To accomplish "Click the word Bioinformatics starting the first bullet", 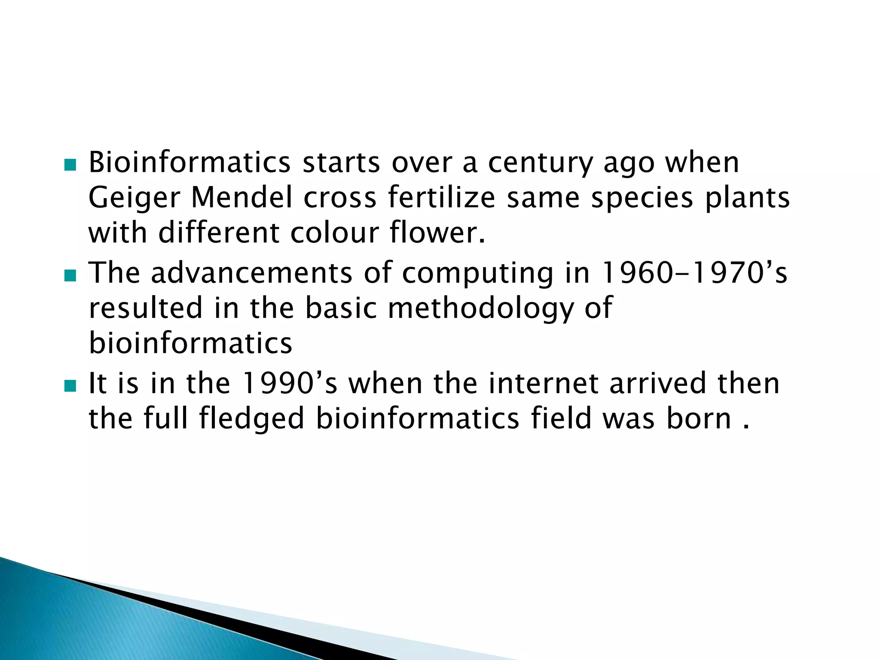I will [189, 163].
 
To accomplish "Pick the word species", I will [642, 199].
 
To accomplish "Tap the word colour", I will [334, 233].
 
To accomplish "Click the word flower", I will [437, 233].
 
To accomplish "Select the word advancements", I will [251, 273].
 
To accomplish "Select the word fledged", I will [251, 419].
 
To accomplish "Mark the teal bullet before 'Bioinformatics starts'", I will [70, 165].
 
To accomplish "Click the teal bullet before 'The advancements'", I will [70, 275].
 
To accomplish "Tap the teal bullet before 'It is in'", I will [70, 386].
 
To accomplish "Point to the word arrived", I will [657, 383].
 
